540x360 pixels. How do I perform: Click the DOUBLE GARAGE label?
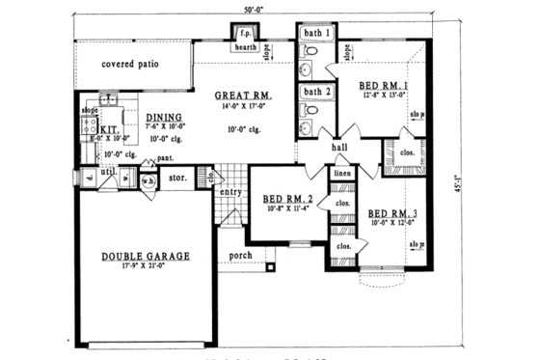pos(144,256)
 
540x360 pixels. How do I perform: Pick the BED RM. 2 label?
pos(288,201)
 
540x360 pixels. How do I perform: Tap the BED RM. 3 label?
pos(392,212)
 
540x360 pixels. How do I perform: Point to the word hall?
pos(339,148)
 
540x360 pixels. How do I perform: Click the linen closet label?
pos(342,173)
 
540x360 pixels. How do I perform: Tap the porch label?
pos(240,256)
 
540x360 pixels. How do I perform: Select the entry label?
pos(229,192)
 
